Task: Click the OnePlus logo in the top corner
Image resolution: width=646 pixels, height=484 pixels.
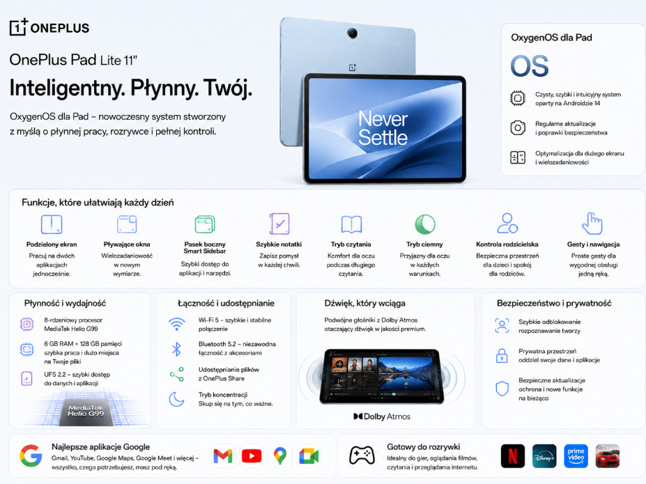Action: [49, 27]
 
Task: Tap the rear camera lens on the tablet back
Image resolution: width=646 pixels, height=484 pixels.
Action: [352, 33]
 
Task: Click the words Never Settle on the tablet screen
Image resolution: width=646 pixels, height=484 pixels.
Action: [383, 128]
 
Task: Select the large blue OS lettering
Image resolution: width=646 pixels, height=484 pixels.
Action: [530, 66]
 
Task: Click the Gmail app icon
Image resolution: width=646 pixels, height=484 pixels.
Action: [223, 456]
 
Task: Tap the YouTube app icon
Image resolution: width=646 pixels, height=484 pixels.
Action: [252, 456]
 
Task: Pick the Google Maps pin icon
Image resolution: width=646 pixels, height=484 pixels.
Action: [280, 456]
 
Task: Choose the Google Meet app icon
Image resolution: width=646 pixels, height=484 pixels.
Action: [309, 456]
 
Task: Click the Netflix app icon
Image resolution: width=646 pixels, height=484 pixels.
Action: [512, 456]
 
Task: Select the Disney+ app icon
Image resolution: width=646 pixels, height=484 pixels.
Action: [544, 456]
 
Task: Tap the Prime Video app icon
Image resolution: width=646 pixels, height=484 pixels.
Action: [576, 456]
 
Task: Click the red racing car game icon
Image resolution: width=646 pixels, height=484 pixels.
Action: [607, 456]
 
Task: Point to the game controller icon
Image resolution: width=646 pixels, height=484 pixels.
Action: [362, 455]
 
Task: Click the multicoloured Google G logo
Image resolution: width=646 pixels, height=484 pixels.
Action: [31, 455]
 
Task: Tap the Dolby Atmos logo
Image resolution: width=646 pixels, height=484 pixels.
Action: [382, 416]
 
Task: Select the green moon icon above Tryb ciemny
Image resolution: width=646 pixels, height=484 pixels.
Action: [425, 224]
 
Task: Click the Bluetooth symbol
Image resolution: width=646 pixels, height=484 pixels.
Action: [176, 349]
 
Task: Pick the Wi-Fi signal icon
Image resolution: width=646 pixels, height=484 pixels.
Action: [177, 324]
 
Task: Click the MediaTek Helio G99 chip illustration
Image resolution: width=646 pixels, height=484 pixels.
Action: [86, 411]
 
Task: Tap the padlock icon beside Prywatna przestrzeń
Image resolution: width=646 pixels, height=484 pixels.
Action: [502, 356]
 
